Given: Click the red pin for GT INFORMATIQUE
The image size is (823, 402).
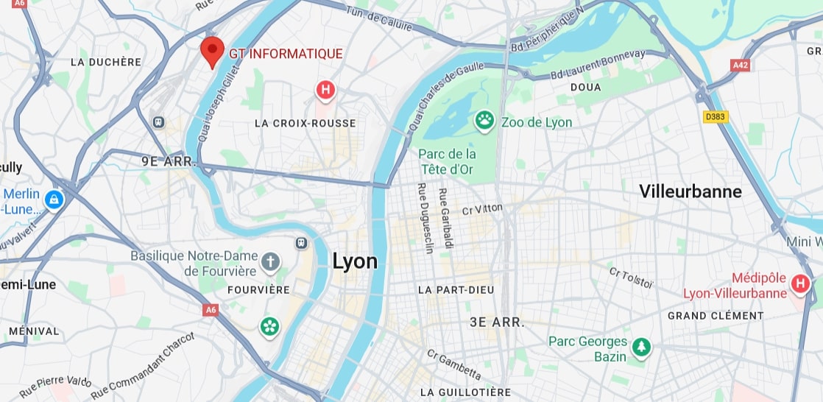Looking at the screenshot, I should click(212, 51).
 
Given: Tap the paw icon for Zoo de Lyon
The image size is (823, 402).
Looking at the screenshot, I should click(484, 121).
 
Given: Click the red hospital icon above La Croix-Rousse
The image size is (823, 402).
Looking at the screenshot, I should click(325, 91).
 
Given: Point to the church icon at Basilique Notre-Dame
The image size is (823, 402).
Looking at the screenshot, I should click(271, 261).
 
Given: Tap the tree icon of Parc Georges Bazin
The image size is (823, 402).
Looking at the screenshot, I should click(642, 347).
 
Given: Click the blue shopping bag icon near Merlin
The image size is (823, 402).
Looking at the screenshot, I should click(53, 199).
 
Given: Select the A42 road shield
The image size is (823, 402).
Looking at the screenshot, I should click(741, 65).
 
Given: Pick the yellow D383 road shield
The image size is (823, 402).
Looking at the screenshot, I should click(715, 116).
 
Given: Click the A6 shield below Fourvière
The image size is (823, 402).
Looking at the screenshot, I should click(211, 310).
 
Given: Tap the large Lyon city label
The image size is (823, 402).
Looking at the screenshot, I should click(355, 261).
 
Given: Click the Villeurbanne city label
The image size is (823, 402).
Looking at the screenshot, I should click(690, 192).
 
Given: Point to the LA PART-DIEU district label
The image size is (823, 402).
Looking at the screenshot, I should click(456, 290).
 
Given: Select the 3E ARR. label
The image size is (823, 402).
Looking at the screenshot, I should click(497, 322).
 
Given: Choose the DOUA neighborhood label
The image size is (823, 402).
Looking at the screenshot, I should click(585, 87).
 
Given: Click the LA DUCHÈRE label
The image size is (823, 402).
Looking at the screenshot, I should click(105, 62).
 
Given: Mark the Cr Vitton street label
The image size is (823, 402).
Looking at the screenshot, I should click(482, 210).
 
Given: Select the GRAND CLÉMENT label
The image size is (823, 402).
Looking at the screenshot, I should click(716, 315).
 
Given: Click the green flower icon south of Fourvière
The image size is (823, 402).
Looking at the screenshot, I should click(269, 326).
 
